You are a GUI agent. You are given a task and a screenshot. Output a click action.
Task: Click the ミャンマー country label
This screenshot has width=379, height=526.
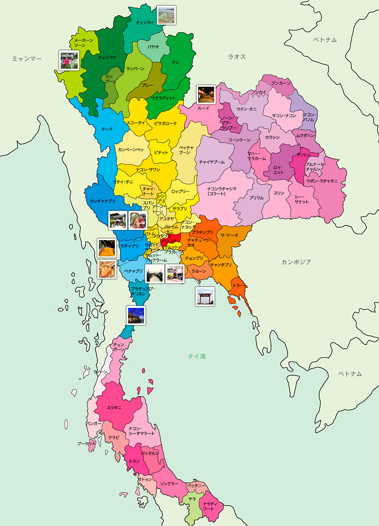pyautogui.click(x=27, y=59)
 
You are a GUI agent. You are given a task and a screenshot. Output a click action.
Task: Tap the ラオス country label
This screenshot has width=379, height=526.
pyautogui.click(x=237, y=57)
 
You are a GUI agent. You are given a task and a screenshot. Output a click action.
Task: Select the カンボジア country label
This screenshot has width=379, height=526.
pyautogui.click(x=296, y=262)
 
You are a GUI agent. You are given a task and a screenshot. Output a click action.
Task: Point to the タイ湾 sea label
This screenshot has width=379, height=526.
pyautogui.click(x=197, y=356)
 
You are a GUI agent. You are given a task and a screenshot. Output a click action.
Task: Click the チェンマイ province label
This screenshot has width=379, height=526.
pyautogui.click(x=107, y=58)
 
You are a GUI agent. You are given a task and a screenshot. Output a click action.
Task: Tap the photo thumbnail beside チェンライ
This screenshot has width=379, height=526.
pyautogui.click(x=166, y=15)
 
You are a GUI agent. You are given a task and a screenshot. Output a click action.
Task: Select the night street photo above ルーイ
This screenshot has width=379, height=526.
pyautogui.click(x=206, y=94)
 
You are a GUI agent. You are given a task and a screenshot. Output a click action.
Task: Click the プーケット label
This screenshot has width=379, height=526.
pyautogui.click(x=86, y=443)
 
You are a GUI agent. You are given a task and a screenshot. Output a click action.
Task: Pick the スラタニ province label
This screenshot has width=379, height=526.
pyautogui.click(x=114, y=408)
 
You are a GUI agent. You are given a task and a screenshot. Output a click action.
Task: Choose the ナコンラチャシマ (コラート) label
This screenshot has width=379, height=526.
pyautogui.click(x=222, y=191)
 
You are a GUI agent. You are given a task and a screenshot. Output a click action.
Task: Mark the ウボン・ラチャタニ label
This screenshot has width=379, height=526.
pyautogui.click(x=322, y=181)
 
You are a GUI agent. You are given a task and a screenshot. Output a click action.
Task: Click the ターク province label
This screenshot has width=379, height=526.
pyautogui.click(x=107, y=129)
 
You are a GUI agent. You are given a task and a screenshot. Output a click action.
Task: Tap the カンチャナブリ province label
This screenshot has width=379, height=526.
pyautogui.click(x=102, y=201)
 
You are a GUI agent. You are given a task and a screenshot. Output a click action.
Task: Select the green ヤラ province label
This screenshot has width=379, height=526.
pyautogui.click(x=192, y=499)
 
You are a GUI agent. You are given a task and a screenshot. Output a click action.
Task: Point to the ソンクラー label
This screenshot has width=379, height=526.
pyautogui.click(x=169, y=484)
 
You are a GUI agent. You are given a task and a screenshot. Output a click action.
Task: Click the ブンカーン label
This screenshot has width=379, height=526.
pyautogui.click(x=281, y=83)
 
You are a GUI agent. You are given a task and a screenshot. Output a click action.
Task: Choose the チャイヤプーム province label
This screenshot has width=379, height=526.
pyautogui.click(x=212, y=162)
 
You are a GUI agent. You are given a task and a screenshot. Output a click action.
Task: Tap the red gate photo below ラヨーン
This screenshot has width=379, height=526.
pyautogui.click(x=205, y=296)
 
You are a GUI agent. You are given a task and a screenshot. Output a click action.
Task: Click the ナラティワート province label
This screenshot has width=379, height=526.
pyautogui.click(x=210, y=506)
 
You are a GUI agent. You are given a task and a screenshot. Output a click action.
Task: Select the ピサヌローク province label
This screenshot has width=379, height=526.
pyautogui.click(x=165, y=123)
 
